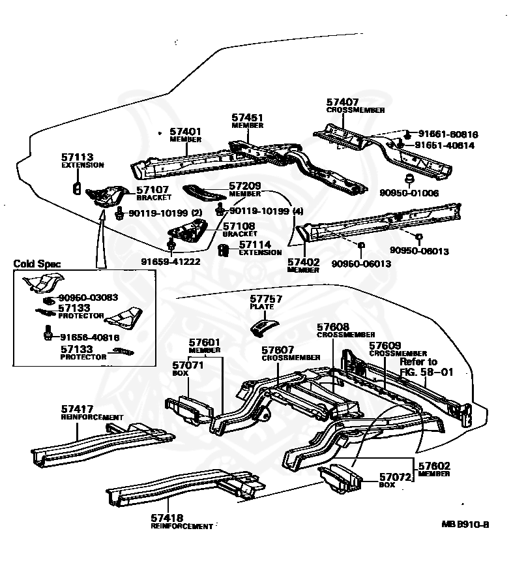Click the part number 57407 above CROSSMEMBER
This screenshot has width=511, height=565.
342,102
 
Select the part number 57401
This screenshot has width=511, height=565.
185,131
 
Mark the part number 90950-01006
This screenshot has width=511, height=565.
409,193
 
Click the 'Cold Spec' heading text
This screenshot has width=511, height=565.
37,264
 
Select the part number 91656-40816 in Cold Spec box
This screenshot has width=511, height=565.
89,337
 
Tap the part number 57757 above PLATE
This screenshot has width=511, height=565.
266,298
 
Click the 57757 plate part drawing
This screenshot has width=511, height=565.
264,325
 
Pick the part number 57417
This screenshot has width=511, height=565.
78,409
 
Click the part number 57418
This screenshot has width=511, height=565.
168,518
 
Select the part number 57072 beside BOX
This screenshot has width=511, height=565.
396,477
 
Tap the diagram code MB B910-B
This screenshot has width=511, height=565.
465,523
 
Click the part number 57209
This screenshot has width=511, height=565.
245,186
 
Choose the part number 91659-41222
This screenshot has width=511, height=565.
170,262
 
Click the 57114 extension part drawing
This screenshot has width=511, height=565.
224,250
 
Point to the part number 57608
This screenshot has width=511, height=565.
333,327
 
